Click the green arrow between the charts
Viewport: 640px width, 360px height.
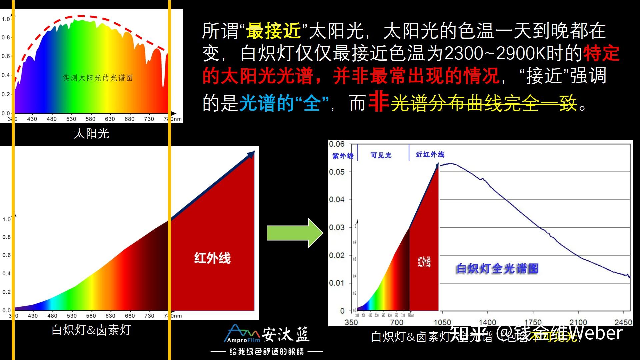pyautogui.click(x=295, y=233)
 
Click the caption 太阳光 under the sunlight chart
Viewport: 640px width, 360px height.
pyautogui.click(x=91, y=134)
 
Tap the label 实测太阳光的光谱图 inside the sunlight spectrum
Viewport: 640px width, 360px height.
pyautogui.click(x=98, y=78)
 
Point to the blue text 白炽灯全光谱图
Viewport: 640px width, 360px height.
pyautogui.click(x=497, y=268)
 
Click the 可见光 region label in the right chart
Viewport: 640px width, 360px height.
pyautogui.click(x=381, y=155)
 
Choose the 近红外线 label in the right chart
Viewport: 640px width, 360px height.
pyautogui.click(x=430, y=155)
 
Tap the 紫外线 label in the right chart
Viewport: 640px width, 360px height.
pyautogui.click(x=343, y=156)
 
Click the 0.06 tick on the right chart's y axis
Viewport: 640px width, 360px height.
pyautogui.click(x=337, y=144)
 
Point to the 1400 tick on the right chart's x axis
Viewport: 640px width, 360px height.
pyautogui.click(x=487, y=322)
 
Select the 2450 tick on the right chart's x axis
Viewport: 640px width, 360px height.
pyautogui.click(x=623, y=322)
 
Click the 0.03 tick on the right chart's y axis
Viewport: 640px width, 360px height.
pyautogui.click(x=337, y=228)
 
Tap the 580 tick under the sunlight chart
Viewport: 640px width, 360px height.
pyautogui.click(x=90, y=119)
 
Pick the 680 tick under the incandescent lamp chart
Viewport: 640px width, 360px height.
pyautogui.click(x=130, y=316)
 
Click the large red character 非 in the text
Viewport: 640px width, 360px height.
pyautogui.click(x=379, y=102)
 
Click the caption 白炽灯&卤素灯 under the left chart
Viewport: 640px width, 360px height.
pyautogui.click(x=91, y=330)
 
